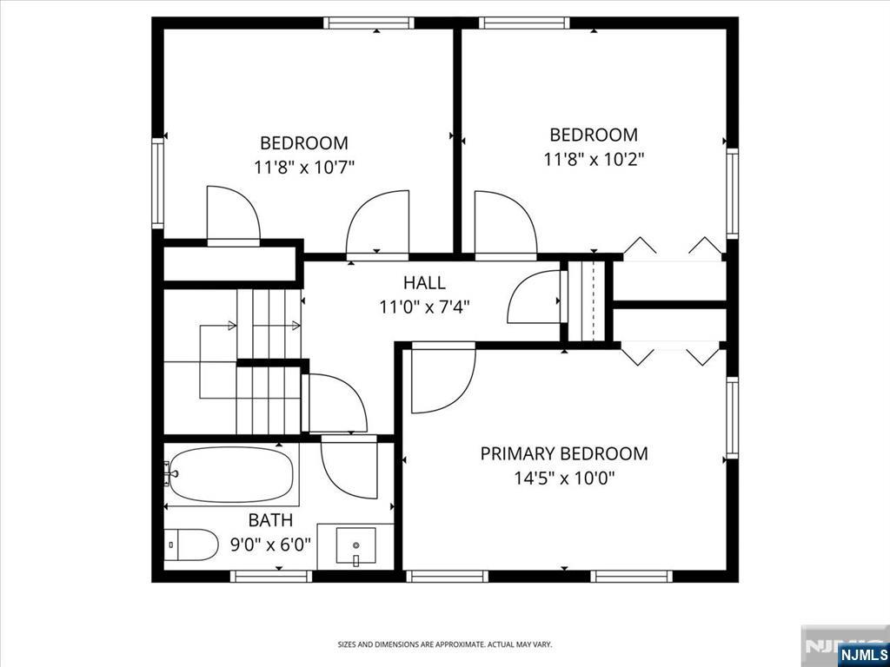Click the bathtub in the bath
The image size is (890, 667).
(231, 475)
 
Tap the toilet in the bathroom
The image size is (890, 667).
(191, 545)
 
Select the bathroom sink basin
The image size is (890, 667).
(355, 547)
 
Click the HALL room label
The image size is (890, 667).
(424, 282)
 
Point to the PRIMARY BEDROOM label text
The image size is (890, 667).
(563, 453)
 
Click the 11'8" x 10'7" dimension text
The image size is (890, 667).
(304, 168)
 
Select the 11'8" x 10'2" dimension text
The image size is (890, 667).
(594, 160)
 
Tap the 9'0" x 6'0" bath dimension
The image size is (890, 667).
(271, 545)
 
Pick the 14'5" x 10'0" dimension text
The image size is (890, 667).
(565, 479)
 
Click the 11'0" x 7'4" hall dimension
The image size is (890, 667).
(424, 307)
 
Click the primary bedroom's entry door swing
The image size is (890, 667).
(442, 379)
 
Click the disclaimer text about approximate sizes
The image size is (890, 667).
(444, 645)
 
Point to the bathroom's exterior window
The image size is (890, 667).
(271, 577)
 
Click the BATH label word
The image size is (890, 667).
(271, 520)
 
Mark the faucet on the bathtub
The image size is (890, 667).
(170, 473)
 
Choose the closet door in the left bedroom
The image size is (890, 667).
(233, 216)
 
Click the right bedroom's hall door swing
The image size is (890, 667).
(506, 225)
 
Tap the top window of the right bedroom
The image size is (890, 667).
(524, 23)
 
